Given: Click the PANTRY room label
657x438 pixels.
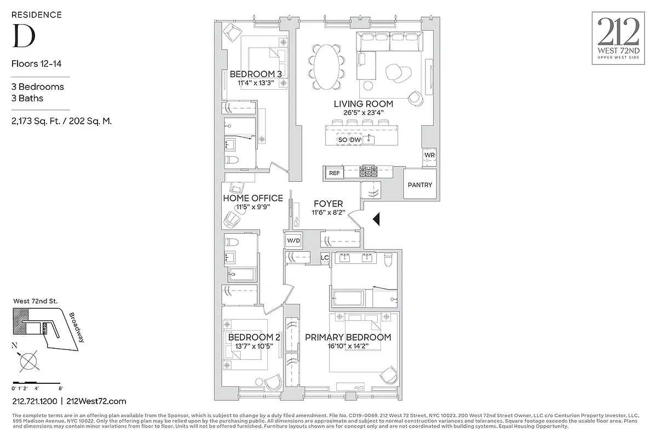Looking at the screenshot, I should (x=420, y=185).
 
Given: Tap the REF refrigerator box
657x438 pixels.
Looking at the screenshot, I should (x=334, y=173).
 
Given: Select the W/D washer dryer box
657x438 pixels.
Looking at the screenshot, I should (x=292, y=241).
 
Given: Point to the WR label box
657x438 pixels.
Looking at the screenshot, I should (x=429, y=156).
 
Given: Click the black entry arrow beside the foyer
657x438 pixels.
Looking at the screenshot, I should (x=376, y=220).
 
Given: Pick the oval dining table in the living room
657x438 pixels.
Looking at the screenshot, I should (x=327, y=66).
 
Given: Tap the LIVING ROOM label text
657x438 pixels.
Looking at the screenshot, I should (x=363, y=103).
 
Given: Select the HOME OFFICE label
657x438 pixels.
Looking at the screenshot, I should (x=252, y=198).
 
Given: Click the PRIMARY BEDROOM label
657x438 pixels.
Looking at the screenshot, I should (x=348, y=337).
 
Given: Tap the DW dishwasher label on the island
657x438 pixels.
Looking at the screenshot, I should (x=355, y=140).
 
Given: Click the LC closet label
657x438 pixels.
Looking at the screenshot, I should (x=324, y=258).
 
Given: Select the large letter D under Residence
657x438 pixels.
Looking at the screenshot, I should (x=24, y=35).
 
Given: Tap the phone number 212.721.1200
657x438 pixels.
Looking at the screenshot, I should (x=34, y=401).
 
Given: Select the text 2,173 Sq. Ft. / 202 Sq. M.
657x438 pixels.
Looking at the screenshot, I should (x=61, y=121).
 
